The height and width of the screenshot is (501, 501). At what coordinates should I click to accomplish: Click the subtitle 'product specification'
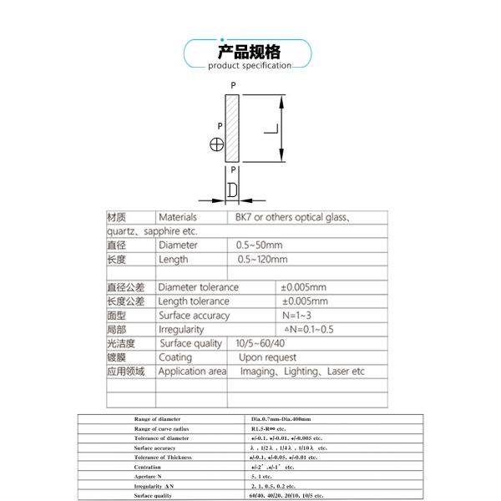(x=250, y=65)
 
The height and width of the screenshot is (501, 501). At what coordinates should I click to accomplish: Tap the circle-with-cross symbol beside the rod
(x=217, y=144)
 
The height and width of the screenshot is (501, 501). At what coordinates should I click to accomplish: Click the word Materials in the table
(x=177, y=217)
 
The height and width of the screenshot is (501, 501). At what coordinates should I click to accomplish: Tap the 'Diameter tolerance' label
(x=198, y=287)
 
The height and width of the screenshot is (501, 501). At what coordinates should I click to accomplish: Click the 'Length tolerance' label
(x=194, y=301)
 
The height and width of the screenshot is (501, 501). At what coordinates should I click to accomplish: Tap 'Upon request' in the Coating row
(x=268, y=357)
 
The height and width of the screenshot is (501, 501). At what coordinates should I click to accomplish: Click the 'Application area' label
(x=192, y=372)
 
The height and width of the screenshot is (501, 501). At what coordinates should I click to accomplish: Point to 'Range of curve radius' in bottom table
(x=162, y=428)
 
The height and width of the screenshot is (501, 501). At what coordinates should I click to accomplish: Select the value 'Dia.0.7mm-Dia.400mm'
(x=281, y=418)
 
